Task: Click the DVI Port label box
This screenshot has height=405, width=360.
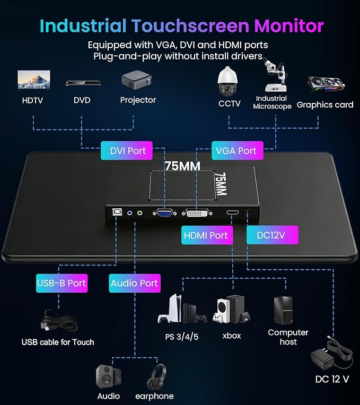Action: pyautogui.click(x=127, y=151)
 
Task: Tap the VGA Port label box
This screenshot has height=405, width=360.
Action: pyautogui.click(x=238, y=151)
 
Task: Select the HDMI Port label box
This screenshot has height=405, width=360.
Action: pyautogui.click(x=207, y=235)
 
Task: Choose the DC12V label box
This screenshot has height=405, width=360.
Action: pyautogui.click(x=273, y=235)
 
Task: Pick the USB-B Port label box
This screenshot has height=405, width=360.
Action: pyautogui.click(x=62, y=283)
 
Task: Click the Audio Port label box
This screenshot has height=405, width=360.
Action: pyautogui.click(x=135, y=283)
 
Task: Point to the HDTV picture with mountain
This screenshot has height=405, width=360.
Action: pyautogui.click(x=34, y=80)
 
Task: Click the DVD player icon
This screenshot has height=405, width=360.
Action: pyautogui.click(x=83, y=83)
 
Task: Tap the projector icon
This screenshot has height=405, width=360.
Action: pyautogui.click(x=137, y=81)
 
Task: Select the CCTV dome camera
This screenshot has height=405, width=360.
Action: pyautogui.click(x=227, y=81)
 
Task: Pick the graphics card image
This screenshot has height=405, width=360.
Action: pyautogui.click(x=326, y=84)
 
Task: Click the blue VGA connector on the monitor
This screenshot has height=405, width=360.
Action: pyautogui.click(x=164, y=213)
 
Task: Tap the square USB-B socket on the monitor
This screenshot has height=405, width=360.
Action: pyautogui.click(x=116, y=212)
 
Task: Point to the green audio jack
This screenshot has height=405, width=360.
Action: pyautogui.click(x=140, y=213)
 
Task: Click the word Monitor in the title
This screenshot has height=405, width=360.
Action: pyautogui.click(x=289, y=26)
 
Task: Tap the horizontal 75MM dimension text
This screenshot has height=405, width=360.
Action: pyautogui.click(x=182, y=166)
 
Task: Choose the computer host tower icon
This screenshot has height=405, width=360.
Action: pyautogui.click(x=283, y=311)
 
